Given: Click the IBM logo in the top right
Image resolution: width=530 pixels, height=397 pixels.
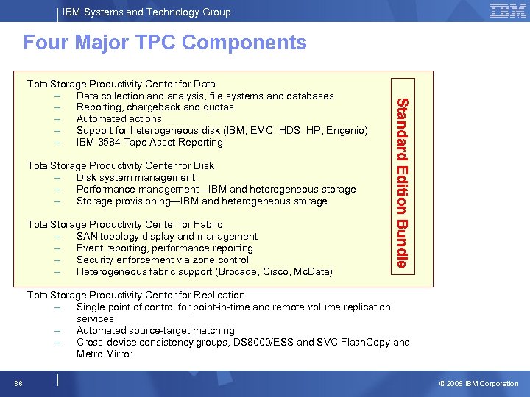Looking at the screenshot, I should coord(507,10).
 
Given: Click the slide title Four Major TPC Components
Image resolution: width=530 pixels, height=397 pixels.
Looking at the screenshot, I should coord(165,43).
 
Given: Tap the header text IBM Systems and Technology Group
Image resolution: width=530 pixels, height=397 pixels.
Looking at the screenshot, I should coord(146,12).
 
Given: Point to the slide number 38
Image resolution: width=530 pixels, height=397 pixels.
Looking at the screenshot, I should coord(17,383).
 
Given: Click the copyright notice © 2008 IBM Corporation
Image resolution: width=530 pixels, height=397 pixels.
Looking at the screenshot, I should coord(478,383).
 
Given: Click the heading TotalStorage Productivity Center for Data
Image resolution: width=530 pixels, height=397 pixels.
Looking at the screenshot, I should coord(121,84).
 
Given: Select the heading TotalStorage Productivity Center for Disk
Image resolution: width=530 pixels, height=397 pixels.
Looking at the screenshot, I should coord(121,165).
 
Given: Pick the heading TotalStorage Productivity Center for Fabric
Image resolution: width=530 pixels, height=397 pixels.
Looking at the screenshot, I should coord(124,224).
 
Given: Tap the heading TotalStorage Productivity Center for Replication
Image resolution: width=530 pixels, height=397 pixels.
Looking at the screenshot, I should coord(136,295).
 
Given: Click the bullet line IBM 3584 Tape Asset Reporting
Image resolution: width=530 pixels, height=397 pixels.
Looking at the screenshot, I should coord(149,142).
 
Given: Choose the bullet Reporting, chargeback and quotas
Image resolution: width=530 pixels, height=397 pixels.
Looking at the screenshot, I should coord(155,107).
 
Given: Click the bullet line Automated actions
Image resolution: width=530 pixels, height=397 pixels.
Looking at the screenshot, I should coord(119,118).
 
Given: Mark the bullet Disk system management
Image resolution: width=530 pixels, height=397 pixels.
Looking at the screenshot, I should coord(136,177).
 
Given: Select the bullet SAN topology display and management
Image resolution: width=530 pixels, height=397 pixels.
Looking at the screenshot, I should coord(167,236).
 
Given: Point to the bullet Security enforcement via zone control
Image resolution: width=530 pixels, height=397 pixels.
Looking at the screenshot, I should coord(163,260).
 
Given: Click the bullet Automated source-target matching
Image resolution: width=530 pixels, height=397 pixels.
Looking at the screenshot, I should coord(155,330).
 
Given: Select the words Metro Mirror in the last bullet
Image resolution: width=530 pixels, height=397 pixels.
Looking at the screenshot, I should coord(105,354).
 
